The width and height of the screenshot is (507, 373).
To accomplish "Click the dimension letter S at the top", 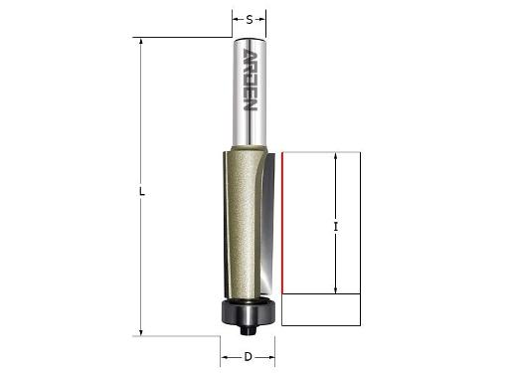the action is (250, 20).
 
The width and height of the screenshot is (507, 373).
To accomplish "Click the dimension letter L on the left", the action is (142, 192).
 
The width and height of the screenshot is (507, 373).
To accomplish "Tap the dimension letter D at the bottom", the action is (248, 357).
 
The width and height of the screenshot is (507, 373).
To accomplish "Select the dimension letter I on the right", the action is (336, 227).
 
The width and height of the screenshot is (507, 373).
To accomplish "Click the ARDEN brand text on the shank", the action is (250, 80).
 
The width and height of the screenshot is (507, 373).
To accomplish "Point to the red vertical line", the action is (282, 223).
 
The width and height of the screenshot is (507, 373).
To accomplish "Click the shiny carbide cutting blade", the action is (267, 226).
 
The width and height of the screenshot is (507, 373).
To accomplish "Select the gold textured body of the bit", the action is (241, 222).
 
